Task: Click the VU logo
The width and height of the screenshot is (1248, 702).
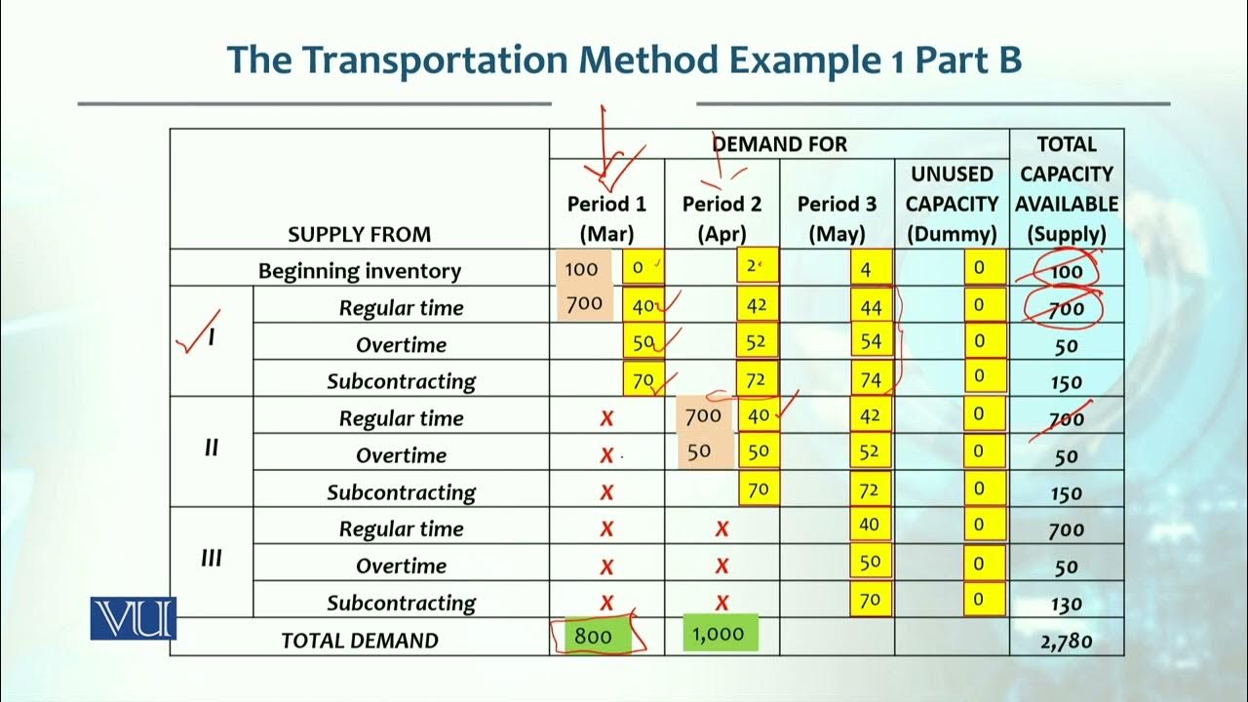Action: tap(134, 618)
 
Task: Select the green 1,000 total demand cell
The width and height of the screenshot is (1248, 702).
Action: tap(720, 635)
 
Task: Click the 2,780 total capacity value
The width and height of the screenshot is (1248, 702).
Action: tap(1067, 641)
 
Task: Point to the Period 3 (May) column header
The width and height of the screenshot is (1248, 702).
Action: tap(837, 218)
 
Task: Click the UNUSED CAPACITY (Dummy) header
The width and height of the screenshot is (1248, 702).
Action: tap(952, 204)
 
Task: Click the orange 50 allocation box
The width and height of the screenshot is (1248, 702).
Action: tap(698, 452)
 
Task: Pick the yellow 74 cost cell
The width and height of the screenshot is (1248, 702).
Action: tap(871, 380)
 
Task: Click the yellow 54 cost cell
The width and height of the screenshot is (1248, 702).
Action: tap(871, 343)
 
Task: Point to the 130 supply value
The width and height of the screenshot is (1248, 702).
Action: tap(1067, 604)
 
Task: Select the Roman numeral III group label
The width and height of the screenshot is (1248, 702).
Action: tap(211, 559)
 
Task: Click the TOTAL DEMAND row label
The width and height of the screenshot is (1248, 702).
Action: tap(360, 641)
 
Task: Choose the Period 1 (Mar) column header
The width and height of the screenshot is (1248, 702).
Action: tap(606, 218)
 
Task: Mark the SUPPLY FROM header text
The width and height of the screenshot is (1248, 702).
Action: tap(360, 234)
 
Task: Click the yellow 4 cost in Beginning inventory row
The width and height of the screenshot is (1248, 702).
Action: tap(871, 269)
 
